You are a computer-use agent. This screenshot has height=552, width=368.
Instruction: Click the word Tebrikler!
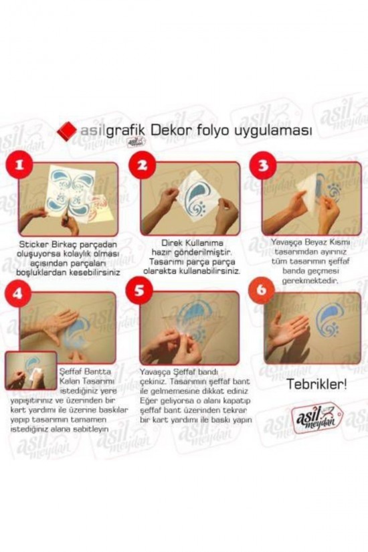click(316, 384)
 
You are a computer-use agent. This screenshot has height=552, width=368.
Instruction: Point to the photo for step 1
click(69, 199)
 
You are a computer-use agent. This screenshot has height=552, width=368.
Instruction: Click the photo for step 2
click(190, 199)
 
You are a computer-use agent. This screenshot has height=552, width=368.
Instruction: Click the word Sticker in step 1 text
click(35, 245)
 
